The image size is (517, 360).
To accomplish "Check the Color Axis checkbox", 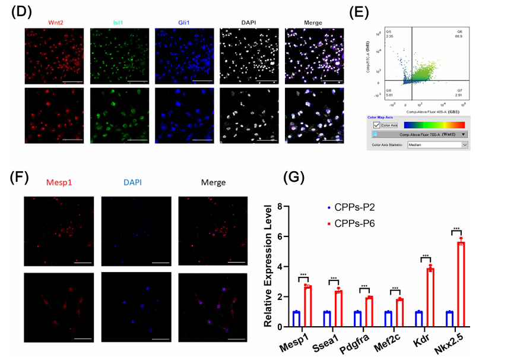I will click(x=376, y=125).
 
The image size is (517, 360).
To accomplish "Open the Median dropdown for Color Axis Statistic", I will click(x=437, y=144).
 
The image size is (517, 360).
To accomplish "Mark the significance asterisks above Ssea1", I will click(x=335, y=278).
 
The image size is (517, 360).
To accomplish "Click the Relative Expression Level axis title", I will click(x=268, y=266).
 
